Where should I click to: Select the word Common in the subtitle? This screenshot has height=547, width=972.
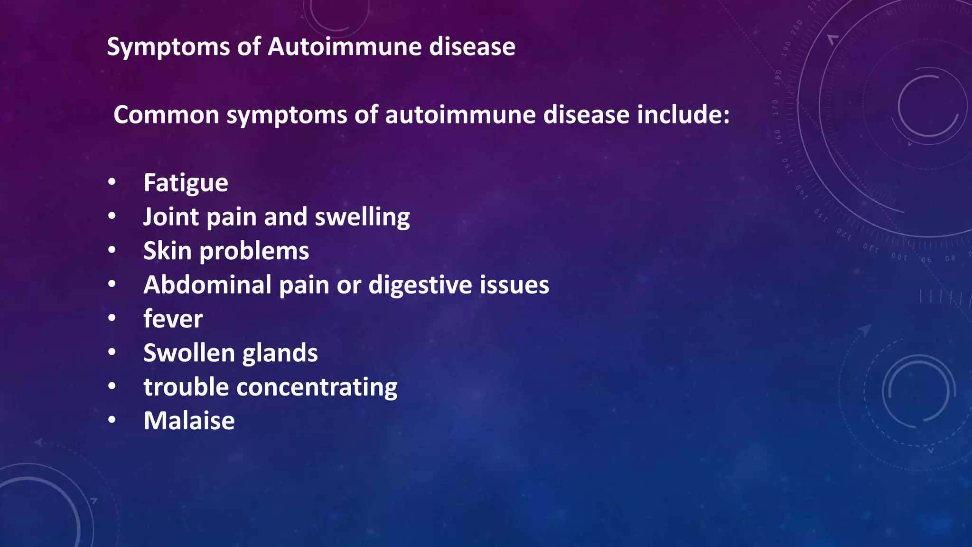pos(166,115)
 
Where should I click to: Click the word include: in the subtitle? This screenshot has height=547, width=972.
pos(683,115)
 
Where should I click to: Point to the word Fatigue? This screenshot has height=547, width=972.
pos(186,183)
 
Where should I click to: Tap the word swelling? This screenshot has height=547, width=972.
pos(362,218)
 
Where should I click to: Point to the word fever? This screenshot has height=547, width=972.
pos(173,319)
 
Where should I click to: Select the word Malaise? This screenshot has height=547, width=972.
pos(189,421)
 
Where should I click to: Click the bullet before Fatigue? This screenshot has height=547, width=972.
pos(112,182)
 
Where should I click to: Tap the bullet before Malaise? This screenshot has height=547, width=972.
pos(112,420)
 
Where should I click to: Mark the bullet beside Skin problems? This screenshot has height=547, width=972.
pos(112,250)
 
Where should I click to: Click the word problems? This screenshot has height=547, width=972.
pos(254,252)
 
